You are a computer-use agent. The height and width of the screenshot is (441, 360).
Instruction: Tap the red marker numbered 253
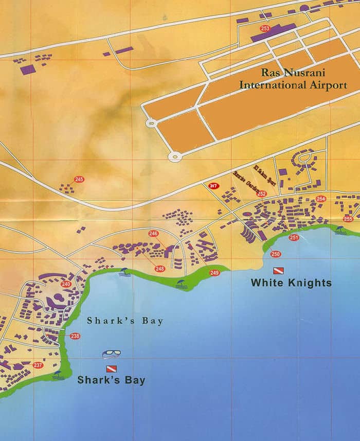tap(265, 28)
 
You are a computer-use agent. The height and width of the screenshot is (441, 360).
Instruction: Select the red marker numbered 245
tap(79, 179)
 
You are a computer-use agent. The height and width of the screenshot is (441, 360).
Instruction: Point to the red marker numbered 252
tap(262, 194)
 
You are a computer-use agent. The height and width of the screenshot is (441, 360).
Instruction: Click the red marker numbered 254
tap(321, 199)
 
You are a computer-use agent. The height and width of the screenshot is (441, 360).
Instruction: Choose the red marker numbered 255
tap(348, 219)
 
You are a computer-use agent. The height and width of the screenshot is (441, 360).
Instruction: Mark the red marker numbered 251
tap(294, 237)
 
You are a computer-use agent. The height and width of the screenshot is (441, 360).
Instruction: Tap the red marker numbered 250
tap(276, 254)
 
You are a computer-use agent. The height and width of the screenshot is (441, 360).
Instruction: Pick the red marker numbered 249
tap(214, 272)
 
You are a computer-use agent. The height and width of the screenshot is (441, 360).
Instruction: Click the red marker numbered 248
tap(159, 269)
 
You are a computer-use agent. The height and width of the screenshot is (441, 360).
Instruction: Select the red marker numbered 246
tap(153, 233)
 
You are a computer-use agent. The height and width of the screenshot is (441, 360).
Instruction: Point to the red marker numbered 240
tap(66, 284)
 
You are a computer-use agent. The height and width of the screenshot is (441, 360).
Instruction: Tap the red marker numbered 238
tap(75, 336)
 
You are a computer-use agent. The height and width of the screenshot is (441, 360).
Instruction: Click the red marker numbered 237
tap(38, 365)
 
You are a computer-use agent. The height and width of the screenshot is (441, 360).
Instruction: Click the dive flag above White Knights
tap(278, 271)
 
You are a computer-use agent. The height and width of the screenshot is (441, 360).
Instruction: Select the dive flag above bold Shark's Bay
tap(111, 368)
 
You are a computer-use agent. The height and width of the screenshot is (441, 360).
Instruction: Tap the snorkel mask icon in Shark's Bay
tap(111, 354)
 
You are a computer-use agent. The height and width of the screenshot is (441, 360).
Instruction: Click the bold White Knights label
tap(291, 283)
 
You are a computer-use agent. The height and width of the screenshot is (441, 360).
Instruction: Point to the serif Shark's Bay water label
tap(125, 321)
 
